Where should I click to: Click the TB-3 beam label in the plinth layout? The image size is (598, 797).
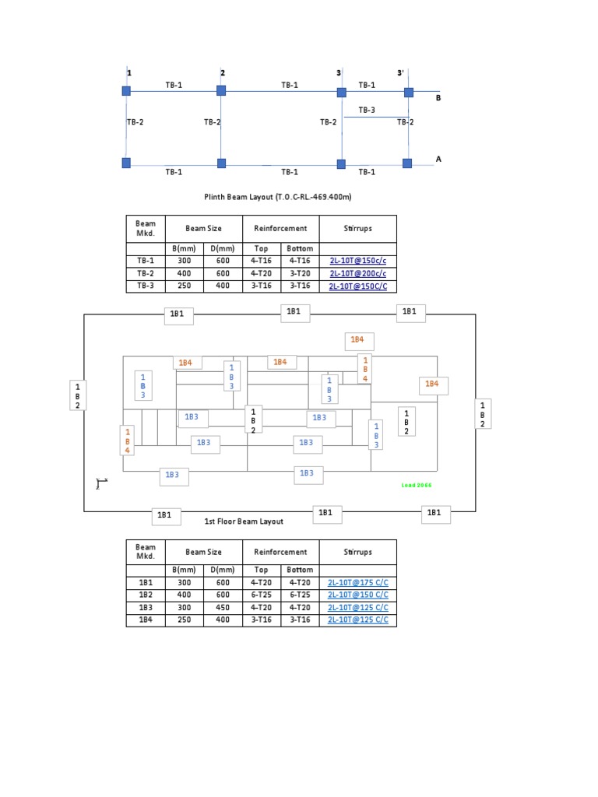click(x=367, y=110)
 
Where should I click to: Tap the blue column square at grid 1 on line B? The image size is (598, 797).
click(x=126, y=91)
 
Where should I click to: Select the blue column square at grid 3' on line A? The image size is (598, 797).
click(x=407, y=163)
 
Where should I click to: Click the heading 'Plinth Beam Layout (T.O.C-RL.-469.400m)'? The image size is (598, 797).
click(x=273, y=198)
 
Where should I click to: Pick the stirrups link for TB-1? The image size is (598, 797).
click(x=357, y=262)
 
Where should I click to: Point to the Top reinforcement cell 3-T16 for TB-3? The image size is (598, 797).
click(x=261, y=286)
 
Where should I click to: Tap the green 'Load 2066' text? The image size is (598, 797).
click(x=416, y=485)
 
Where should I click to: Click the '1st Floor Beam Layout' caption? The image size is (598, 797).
click(x=244, y=521)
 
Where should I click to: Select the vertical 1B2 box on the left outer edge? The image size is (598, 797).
click(x=77, y=395)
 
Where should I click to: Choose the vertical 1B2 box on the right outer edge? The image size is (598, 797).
click(x=483, y=414)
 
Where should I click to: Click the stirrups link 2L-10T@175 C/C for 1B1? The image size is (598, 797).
click(x=357, y=583)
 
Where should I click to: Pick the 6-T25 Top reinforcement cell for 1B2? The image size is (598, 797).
click(x=261, y=595)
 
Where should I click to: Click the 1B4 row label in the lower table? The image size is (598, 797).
click(x=146, y=620)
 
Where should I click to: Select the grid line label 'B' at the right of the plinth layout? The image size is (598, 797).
click(x=438, y=99)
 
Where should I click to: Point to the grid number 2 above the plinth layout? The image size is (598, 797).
click(x=223, y=73)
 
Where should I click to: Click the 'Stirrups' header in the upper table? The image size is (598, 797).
click(x=357, y=229)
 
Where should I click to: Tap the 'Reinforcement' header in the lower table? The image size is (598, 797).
click(x=280, y=552)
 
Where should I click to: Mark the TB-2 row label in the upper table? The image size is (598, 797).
click(x=146, y=274)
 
